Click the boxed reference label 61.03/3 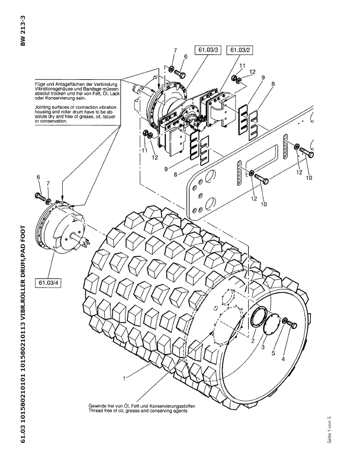tap(208, 50)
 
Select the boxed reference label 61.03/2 tap(240, 50)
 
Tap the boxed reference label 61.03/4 tap(49, 283)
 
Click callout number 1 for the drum tap(124, 379)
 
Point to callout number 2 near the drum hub tap(253, 341)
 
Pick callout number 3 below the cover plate tap(263, 347)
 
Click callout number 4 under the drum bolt tap(283, 359)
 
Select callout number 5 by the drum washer tap(274, 353)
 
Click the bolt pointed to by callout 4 tap(293, 325)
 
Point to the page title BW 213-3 tap(23, 31)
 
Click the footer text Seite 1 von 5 tap(330, 430)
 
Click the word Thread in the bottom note tap(95, 411)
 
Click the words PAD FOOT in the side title tap(23, 239)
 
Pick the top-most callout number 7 tap(175, 51)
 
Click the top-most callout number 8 tap(273, 84)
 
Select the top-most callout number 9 tap(263, 78)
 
